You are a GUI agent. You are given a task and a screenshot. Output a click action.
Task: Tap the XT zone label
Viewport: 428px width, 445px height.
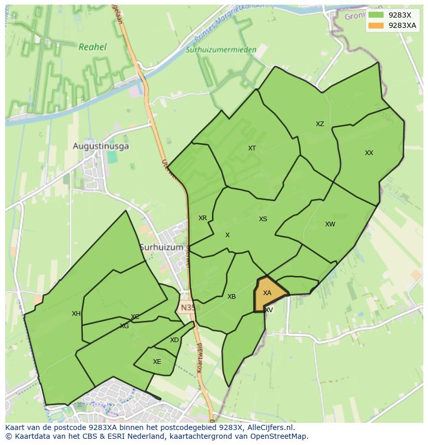[x=252, y=148]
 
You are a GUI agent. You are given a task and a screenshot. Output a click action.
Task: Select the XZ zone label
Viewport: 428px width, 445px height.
[x=320, y=124]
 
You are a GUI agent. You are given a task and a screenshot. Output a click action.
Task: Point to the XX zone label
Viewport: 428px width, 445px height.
[x=369, y=153]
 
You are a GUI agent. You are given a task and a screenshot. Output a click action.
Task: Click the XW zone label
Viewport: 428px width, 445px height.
[x=330, y=224]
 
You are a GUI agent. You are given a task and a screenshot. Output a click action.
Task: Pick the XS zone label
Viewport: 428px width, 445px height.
[x=263, y=219]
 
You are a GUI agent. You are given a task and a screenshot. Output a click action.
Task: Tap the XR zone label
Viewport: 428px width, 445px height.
[x=203, y=218]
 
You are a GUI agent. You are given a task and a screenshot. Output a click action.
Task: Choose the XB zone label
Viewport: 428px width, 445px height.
[x=232, y=297]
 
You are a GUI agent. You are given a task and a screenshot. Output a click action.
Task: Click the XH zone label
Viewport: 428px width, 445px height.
[x=76, y=314]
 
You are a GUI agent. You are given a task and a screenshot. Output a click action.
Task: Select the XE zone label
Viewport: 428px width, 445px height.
[x=157, y=362]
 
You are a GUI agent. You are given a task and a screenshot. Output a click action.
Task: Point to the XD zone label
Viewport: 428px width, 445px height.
[x=174, y=340]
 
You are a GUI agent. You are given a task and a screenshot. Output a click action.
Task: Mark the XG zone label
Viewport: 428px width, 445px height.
[x=124, y=326]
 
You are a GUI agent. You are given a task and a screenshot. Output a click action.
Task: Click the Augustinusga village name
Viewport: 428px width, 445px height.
[x=101, y=146]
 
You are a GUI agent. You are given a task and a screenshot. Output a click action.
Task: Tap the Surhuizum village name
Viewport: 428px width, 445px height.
[x=161, y=248]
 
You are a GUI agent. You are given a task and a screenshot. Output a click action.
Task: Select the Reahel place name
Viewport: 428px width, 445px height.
[x=93, y=47]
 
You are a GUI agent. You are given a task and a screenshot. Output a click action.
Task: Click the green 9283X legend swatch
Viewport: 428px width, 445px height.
[x=376, y=15]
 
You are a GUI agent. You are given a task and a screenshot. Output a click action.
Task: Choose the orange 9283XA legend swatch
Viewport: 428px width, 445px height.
[x=376, y=25]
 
